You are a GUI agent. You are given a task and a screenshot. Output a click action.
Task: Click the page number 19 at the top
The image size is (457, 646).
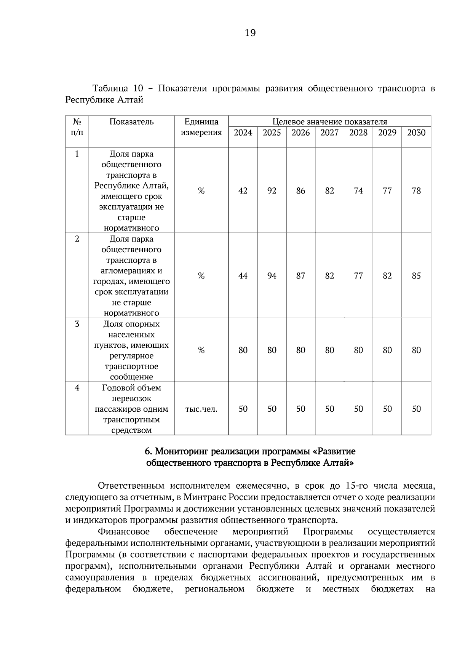(x=250, y=33)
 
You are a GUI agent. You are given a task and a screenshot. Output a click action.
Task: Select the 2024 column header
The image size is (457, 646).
(x=243, y=133)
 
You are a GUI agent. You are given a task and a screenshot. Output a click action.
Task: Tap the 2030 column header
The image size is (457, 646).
(x=416, y=133)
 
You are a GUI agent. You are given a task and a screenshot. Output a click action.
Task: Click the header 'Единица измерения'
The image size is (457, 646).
(x=201, y=127)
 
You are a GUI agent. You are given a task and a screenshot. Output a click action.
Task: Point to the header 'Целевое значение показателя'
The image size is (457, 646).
(x=329, y=122)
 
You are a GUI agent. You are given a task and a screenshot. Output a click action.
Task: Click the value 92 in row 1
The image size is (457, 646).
(x=272, y=191)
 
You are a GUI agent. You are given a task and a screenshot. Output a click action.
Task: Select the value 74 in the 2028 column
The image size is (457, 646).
(x=358, y=191)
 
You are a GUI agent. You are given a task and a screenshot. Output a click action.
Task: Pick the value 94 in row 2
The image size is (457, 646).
(x=272, y=276)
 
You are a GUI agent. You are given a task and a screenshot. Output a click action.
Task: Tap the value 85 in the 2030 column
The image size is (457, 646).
(x=416, y=276)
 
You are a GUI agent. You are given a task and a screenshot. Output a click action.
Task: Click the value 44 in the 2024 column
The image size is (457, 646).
(x=243, y=276)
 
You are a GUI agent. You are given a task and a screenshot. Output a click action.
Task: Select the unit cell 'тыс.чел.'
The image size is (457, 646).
(x=201, y=409)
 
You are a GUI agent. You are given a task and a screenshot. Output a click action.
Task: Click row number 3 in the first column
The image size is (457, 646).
(x=77, y=324)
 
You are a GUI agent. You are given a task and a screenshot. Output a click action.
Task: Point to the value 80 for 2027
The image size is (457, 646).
(x=329, y=350)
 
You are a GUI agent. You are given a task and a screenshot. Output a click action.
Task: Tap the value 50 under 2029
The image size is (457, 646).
(x=387, y=409)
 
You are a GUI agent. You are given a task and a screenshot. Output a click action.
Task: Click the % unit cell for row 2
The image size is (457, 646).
(x=201, y=276)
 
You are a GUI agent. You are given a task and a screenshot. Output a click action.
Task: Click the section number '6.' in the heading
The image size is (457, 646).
(x=149, y=452)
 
